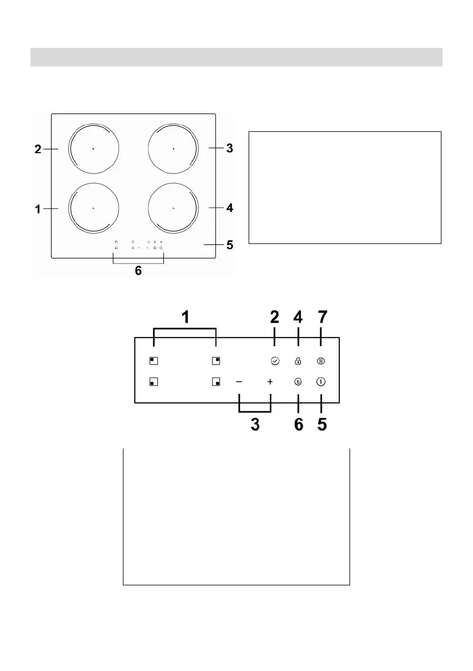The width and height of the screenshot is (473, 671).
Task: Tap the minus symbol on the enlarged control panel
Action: click(239, 381)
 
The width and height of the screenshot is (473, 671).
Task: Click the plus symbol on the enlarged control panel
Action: click(270, 381)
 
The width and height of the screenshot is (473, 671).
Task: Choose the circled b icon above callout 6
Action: click(298, 381)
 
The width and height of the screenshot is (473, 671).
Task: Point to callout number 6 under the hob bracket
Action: click(138, 270)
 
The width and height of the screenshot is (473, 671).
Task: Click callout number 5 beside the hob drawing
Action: click(229, 245)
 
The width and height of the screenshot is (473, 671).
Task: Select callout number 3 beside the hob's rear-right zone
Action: click(229, 148)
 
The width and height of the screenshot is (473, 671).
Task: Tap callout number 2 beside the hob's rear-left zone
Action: click(38, 149)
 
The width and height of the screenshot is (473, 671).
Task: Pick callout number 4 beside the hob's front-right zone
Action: click(229, 208)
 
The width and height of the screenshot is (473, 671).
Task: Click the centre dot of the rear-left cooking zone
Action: click(93, 149)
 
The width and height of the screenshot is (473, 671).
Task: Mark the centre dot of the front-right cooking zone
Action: click(173, 208)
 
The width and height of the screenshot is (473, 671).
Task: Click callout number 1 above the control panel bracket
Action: click(184, 318)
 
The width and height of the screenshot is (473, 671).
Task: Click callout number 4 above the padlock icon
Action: click(298, 318)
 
